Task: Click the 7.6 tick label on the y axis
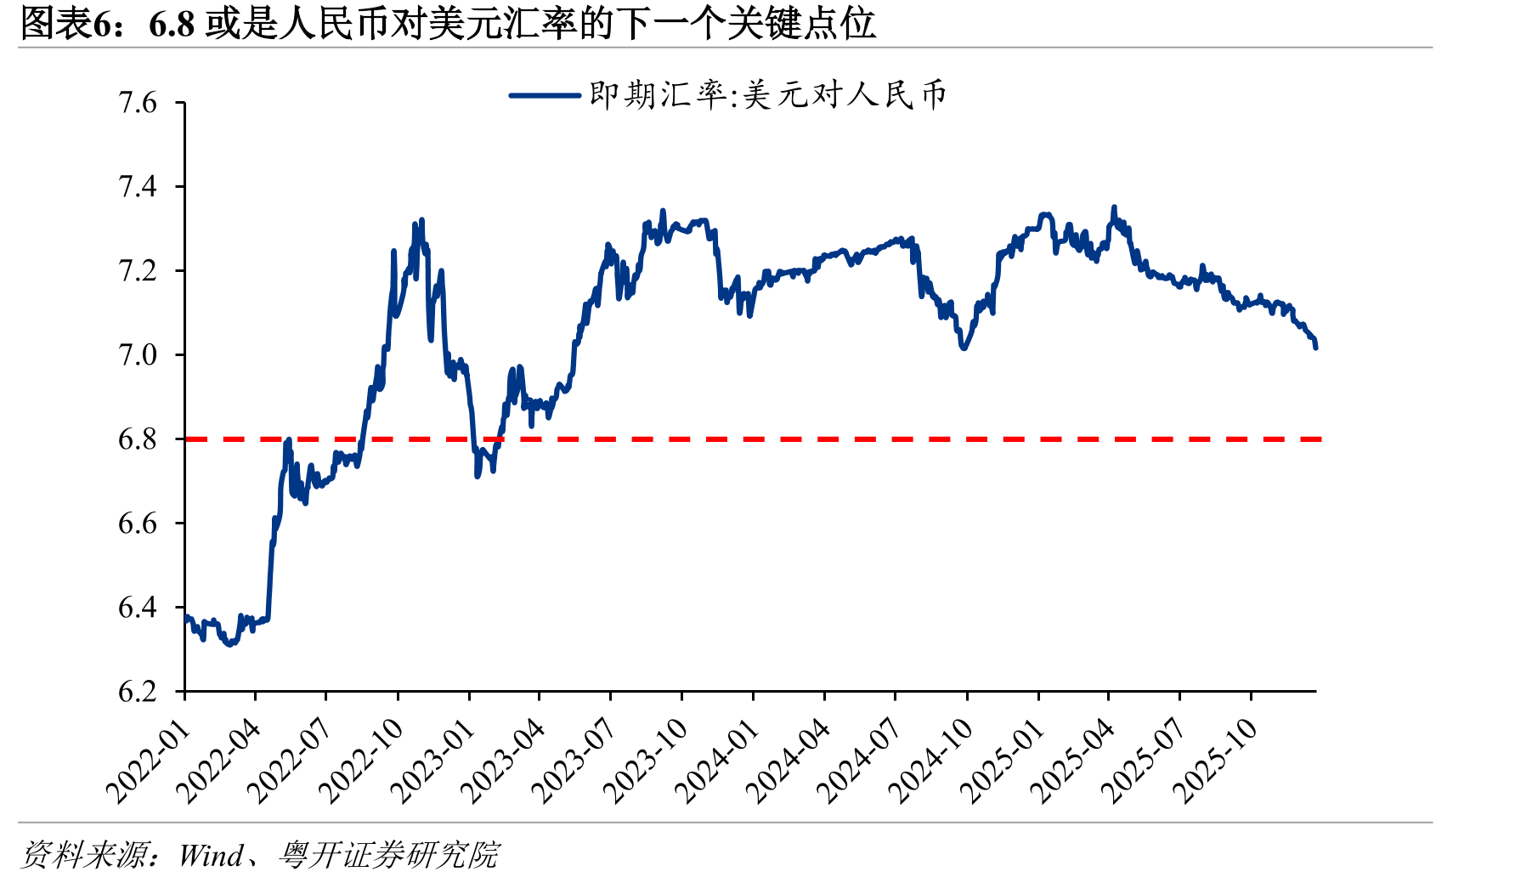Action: (138, 103)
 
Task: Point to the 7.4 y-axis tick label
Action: (138, 186)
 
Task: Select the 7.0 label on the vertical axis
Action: (138, 354)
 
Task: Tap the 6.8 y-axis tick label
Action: (138, 439)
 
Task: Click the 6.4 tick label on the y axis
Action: (138, 607)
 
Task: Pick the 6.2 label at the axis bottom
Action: (138, 691)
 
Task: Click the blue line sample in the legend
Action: (545, 95)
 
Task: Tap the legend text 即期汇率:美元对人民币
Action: (768, 94)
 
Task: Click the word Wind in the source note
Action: (211, 855)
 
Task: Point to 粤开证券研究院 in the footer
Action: (389, 855)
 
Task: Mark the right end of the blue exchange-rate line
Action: (1316, 348)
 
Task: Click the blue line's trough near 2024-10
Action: (964, 348)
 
